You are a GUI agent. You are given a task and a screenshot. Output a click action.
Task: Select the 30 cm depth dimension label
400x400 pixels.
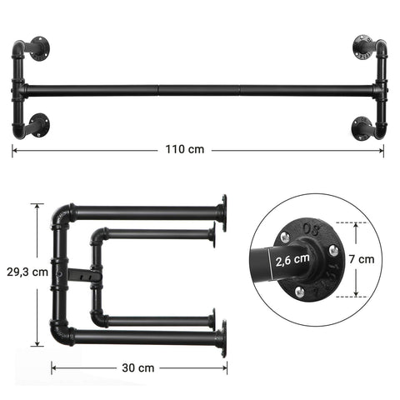(138, 367)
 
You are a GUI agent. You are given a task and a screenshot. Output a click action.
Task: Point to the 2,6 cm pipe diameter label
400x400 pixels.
(292, 259)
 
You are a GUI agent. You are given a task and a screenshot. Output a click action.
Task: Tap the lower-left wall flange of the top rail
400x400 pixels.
(39, 126)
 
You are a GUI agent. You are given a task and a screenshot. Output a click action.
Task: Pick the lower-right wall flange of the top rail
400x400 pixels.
(364, 126)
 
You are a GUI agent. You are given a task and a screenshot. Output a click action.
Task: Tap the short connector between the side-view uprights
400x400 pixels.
(82, 272)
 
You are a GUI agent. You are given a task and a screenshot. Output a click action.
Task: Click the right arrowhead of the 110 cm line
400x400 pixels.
(382, 151)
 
